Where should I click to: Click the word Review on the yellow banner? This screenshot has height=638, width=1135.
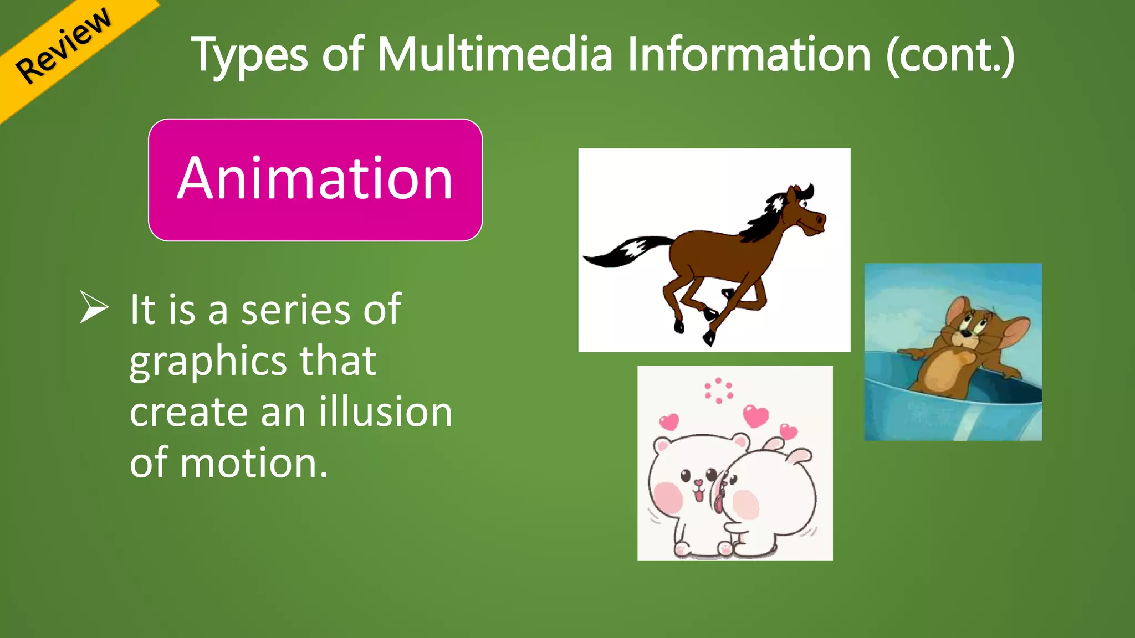pos(63,45)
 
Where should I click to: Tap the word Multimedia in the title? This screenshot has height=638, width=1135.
pos(494,55)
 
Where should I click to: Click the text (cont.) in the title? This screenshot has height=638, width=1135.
pos(950,55)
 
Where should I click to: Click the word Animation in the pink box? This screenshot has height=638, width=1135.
pos(315,178)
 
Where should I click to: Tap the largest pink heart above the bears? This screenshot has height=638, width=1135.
pos(755,415)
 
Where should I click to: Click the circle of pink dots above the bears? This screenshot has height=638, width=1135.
pos(719,391)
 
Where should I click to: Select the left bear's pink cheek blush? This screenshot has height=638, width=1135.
pos(668,496)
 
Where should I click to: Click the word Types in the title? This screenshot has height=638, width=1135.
pos(249,55)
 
